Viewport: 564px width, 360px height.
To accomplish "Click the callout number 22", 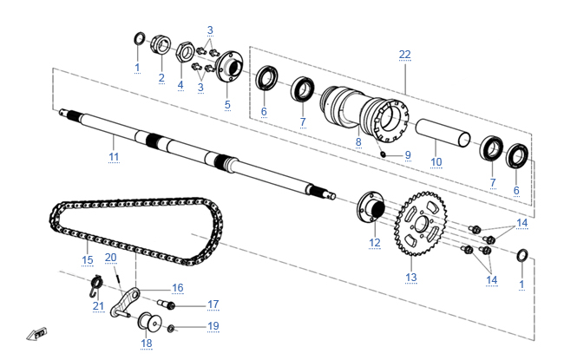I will pyautogui.click(x=405, y=55).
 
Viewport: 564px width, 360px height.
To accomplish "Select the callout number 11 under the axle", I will pyautogui.click(x=114, y=156).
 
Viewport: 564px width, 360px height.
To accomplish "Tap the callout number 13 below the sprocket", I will pyautogui.click(x=411, y=278).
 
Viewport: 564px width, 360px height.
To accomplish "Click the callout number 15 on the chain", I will pyautogui.click(x=87, y=259).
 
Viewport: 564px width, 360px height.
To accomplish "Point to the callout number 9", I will pyautogui.click(x=408, y=155).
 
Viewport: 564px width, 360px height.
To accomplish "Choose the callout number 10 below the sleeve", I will pyautogui.click(x=436, y=161).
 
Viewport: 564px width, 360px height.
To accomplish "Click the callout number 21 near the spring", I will pyautogui.click(x=98, y=305).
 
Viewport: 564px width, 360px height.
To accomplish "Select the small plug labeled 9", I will pyautogui.click(x=383, y=153).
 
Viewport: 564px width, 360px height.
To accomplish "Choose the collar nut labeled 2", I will pyautogui.click(x=161, y=44).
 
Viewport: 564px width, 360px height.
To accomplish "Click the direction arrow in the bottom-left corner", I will pyautogui.click(x=36, y=333).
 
